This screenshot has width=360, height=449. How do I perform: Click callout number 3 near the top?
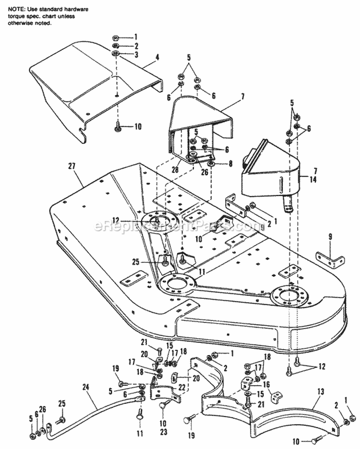pyautogui.click(x=136, y=55)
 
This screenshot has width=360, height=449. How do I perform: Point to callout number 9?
pyautogui.click(x=330, y=236)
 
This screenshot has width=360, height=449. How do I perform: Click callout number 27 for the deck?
pyautogui.click(x=72, y=166)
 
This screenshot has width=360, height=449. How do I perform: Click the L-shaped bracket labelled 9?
pyautogui.click(x=330, y=260)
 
